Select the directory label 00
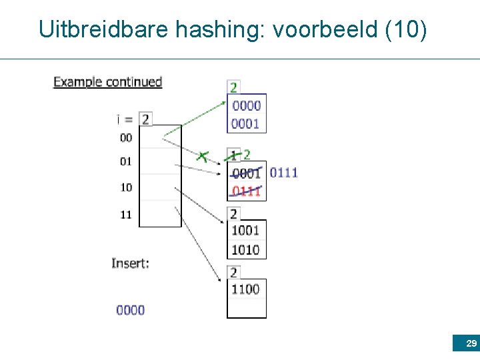(x=126, y=137)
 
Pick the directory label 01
(x=126, y=161)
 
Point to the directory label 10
(x=126, y=187)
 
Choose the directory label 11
(x=126, y=215)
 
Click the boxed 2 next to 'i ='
(x=145, y=119)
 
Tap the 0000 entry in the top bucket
(x=246, y=105)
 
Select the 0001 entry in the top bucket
(x=246, y=123)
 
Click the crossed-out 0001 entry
(x=246, y=173)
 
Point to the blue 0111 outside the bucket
(x=284, y=173)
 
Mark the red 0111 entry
(x=246, y=191)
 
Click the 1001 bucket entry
(x=245, y=231)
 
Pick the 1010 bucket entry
(x=245, y=249)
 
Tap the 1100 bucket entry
(x=245, y=289)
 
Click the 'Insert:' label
(x=130, y=263)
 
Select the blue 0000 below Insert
(x=130, y=309)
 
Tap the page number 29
(x=471, y=344)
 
